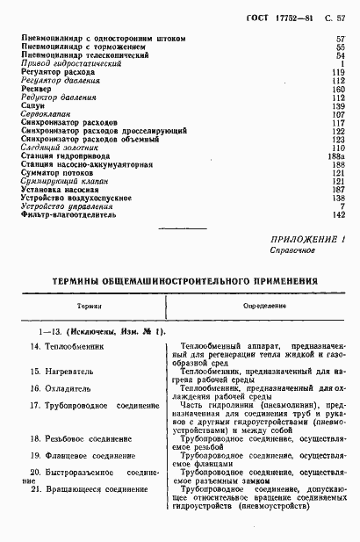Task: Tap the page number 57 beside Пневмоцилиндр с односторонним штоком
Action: point(341,39)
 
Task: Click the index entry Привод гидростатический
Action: point(63,64)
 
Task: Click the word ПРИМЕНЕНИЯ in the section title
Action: point(275,279)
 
